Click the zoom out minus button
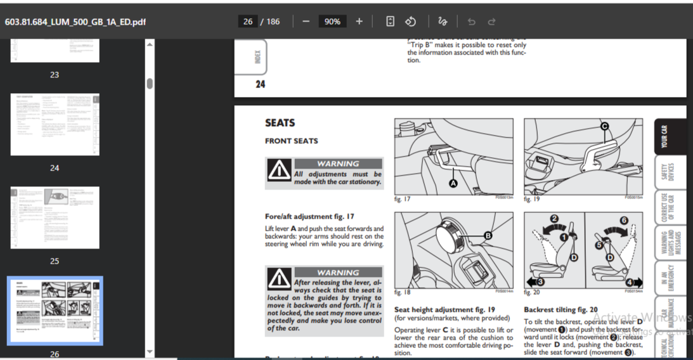306,22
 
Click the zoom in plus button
359,22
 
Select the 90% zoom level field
332,22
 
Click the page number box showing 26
248,22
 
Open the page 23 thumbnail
55,50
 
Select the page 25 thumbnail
55,217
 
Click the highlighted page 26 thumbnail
55,311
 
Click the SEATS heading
280,123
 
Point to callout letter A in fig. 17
453,183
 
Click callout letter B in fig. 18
488,236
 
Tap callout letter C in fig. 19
605,127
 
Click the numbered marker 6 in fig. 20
623,220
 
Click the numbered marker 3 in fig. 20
540,281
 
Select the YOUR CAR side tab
664,136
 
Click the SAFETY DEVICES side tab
667,172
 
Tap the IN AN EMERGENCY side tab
667,278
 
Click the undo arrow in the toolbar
471,22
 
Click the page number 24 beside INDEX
260,84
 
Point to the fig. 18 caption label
403,292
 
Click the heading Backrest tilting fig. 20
560,310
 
